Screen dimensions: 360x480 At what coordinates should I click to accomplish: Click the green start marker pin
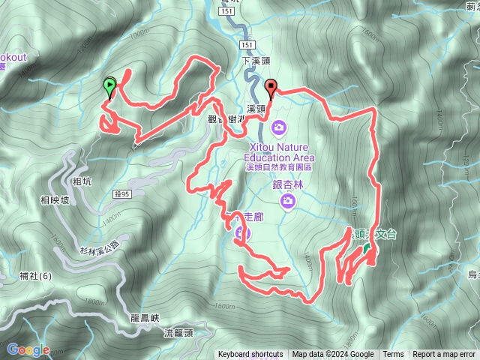(110, 86)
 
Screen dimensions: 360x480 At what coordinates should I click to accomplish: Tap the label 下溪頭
(255, 60)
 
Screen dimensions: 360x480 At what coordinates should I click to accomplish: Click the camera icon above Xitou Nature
(279, 127)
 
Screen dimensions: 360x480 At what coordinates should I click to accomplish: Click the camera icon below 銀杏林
(288, 201)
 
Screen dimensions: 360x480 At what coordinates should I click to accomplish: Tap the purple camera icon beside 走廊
(239, 233)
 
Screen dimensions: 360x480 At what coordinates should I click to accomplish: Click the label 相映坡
(54, 200)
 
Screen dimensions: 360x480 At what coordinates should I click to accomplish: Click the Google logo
(28, 349)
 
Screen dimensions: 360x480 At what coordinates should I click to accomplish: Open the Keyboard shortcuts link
(250, 355)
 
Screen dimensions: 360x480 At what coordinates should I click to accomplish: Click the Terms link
(393, 355)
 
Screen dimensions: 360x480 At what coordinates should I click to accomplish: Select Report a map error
(444, 355)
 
